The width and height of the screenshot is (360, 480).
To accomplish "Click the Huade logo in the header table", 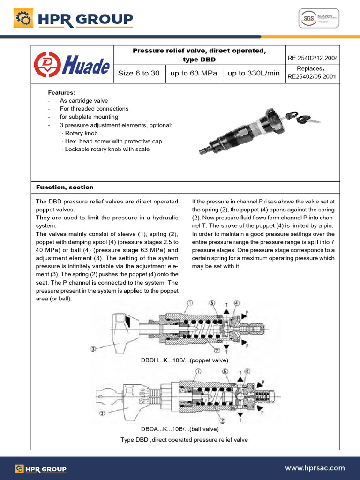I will [x=71, y=65].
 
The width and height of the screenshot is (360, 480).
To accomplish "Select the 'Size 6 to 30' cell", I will [x=139, y=73].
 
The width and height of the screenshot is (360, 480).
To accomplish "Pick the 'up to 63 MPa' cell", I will [x=194, y=73].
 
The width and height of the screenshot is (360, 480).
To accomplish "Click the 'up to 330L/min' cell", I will [x=254, y=73].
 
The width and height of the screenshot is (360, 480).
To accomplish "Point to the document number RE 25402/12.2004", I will [x=313, y=59].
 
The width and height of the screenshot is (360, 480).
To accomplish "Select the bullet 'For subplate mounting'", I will [x=89, y=117].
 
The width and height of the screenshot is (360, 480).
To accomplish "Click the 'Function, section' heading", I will [x=65, y=187].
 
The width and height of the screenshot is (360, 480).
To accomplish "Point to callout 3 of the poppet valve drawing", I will [x=93, y=348].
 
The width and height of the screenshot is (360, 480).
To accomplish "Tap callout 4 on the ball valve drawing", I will [x=247, y=371].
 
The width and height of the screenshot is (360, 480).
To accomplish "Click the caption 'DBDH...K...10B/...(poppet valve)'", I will [x=184, y=360].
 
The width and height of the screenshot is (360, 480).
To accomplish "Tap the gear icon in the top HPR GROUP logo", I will [x=22, y=19].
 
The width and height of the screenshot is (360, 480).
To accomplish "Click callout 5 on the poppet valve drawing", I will [x=212, y=303].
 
